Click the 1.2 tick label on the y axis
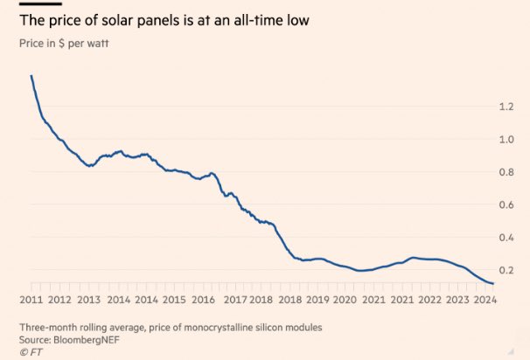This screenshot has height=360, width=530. (x=507, y=107)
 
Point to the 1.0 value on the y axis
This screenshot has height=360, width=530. (x=507, y=139)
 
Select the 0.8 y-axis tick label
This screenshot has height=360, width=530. (x=507, y=172)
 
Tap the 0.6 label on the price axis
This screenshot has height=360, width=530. (x=507, y=204)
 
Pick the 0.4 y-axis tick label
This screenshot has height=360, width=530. (x=507, y=238)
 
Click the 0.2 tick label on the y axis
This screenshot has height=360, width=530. (x=507, y=270)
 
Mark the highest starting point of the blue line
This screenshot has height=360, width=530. (x=31, y=76)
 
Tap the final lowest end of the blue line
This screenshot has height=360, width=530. (x=493, y=283)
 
